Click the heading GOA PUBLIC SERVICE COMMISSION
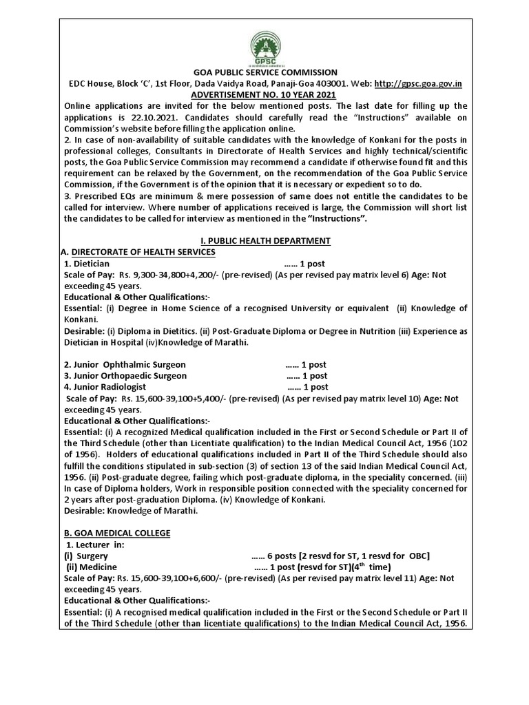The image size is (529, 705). coord(264,72)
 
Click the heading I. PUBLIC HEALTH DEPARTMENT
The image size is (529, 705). coord(264,240)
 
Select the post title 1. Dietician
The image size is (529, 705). coord(86,263)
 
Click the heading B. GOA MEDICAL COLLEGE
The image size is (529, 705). coord(116,534)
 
